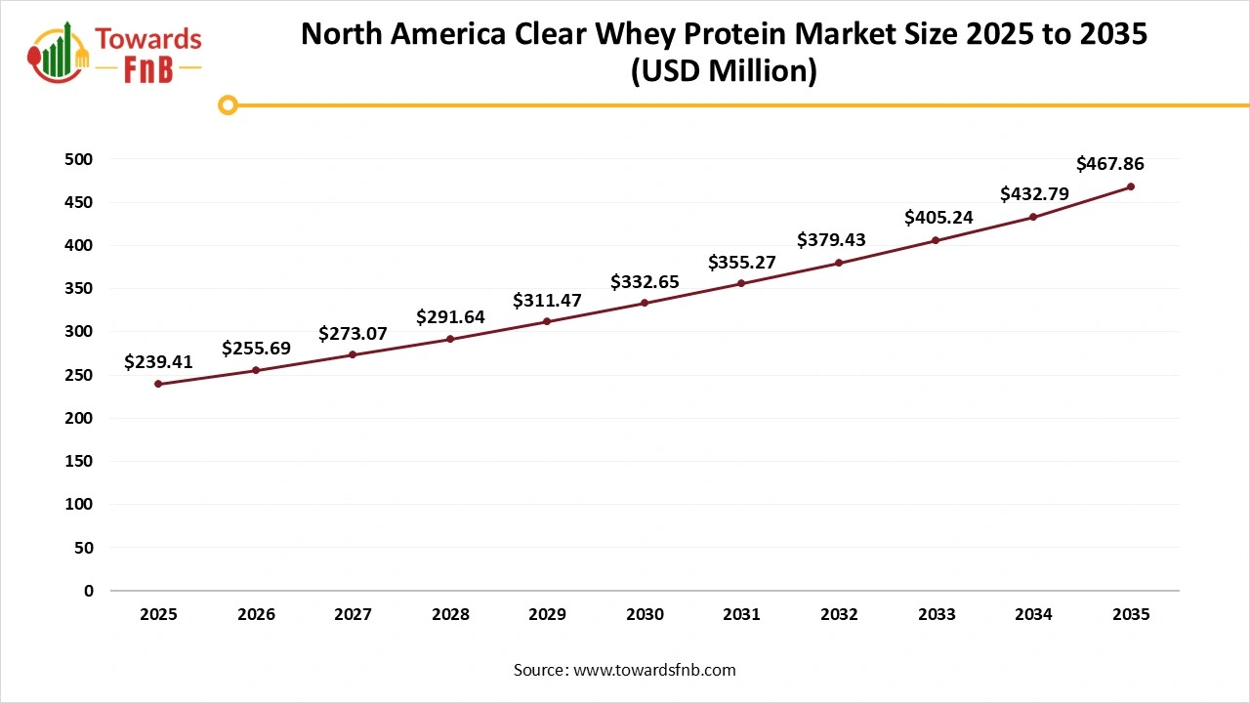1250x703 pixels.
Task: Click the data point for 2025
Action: coord(158,384)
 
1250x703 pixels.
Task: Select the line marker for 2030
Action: coord(645,303)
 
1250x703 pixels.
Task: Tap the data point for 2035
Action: coord(1131,186)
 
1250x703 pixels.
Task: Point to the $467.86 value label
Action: coord(1110,164)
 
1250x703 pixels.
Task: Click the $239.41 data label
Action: coord(158,362)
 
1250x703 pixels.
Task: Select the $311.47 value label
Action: coord(547,301)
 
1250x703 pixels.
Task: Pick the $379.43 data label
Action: coord(832,239)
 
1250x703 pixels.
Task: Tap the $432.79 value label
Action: coord(1034,194)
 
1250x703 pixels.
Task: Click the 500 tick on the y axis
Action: coord(80,159)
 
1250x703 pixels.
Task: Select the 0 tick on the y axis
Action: coord(89,591)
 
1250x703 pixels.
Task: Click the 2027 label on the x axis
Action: coord(353,615)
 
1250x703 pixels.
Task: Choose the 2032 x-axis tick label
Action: coord(839,615)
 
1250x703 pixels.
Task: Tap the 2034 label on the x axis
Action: coord(1033,615)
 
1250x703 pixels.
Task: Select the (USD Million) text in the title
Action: coord(724,71)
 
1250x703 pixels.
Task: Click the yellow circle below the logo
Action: coord(228,104)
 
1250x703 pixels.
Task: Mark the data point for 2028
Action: coord(450,339)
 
